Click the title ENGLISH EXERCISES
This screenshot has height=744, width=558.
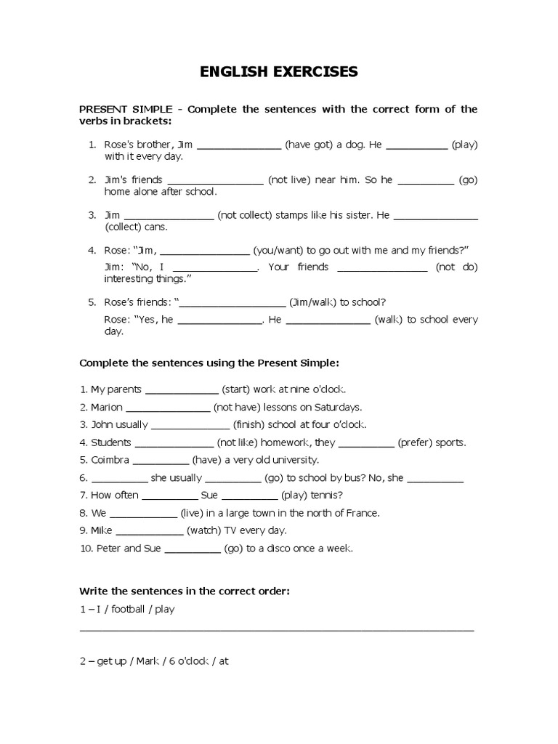pos(279,71)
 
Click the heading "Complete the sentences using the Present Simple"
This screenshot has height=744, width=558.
pos(209,362)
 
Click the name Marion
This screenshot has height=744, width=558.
pos(107,407)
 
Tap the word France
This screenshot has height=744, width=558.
pos(361,513)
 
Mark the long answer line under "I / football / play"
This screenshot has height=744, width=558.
pos(276,631)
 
